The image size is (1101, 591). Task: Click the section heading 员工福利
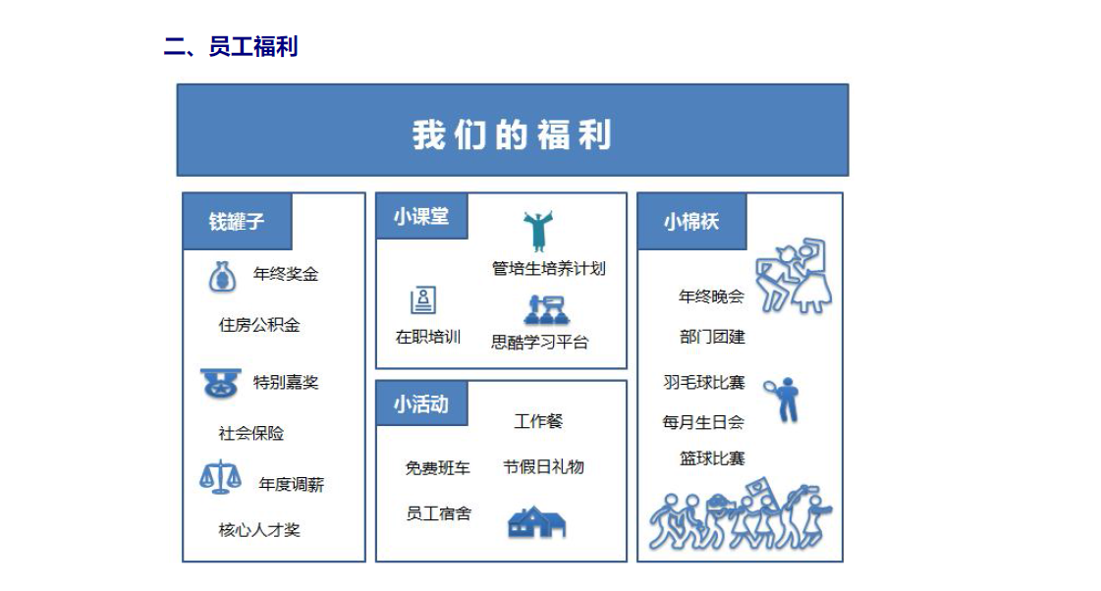(253, 46)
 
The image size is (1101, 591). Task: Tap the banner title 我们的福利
(512, 134)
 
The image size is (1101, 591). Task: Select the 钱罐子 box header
(238, 221)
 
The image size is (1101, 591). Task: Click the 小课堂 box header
(422, 216)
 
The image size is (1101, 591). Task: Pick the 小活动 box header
(422, 403)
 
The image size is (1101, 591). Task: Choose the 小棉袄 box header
(691, 221)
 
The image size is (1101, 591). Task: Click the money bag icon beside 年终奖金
(223, 277)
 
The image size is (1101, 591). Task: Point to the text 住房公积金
(259, 325)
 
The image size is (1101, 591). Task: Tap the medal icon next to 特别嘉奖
(220, 383)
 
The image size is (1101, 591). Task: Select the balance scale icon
(220, 476)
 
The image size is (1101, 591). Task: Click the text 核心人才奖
(259, 530)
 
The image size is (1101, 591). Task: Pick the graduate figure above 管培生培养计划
(538, 231)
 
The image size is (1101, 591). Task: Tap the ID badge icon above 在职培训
(423, 300)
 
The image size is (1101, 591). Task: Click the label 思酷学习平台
(539, 342)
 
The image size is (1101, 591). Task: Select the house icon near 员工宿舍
(536, 522)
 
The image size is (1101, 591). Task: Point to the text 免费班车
(437, 468)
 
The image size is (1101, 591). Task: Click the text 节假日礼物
(543, 466)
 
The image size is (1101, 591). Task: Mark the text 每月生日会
(703, 422)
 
